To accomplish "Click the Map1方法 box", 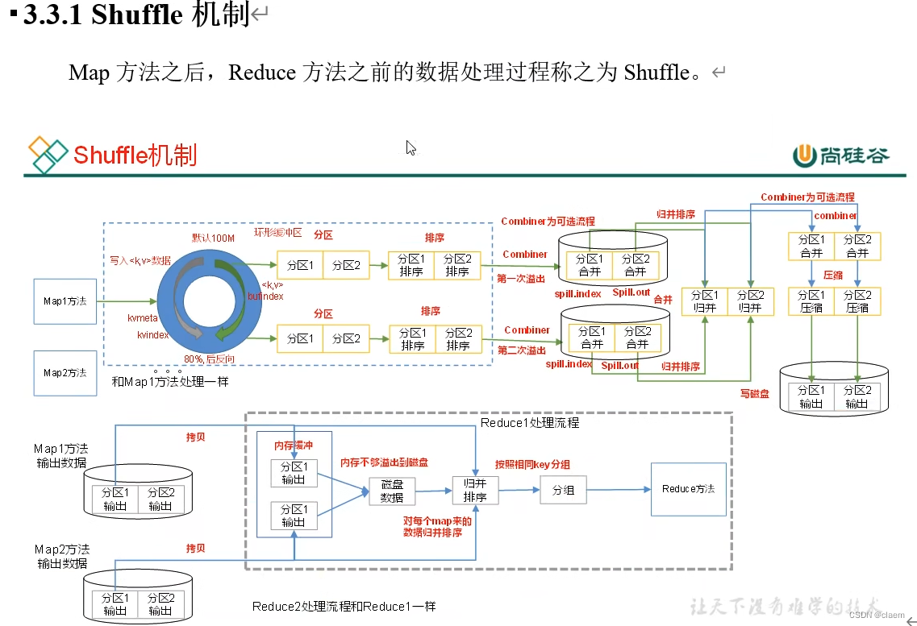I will click(x=65, y=301).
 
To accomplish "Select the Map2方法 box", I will click(x=65, y=373).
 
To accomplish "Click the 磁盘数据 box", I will click(x=392, y=491).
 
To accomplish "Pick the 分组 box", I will click(x=563, y=490).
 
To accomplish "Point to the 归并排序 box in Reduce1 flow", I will click(x=475, y=490).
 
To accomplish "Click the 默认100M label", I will click(x=212, y=238).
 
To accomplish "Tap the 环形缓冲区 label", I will click(x=278, y=232).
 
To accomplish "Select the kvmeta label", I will click(x=143, y=318).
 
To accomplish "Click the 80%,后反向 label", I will click(x=210, y=359).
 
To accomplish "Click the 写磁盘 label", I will click(x=756, y=393).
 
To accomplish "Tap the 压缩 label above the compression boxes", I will click(x=832, y=275).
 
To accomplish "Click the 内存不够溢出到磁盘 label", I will click(x=384, y=462).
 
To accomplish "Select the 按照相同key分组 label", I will click(x=532, y=465).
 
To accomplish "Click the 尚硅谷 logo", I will click(x=842, y=155).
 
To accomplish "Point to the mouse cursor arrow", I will click(x=411, y=147).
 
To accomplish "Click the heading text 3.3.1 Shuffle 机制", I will click(x=137, y=15).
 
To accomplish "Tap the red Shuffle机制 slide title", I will click(x=135, y=155).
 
